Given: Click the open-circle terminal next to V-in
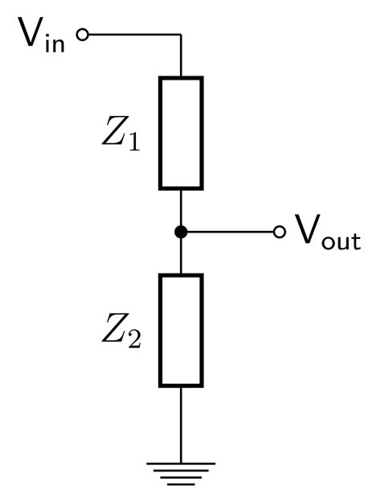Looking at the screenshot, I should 80,35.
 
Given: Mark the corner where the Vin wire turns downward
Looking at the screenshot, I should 181,35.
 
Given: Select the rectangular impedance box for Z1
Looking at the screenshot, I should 181,133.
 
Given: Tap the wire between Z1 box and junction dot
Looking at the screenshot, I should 181,209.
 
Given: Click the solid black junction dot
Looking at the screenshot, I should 181,232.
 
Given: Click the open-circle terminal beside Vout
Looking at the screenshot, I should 280,232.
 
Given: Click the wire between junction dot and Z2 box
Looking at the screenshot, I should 181,256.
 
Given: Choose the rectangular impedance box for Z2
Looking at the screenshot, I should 181,330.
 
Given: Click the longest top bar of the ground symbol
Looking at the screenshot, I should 181,463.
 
